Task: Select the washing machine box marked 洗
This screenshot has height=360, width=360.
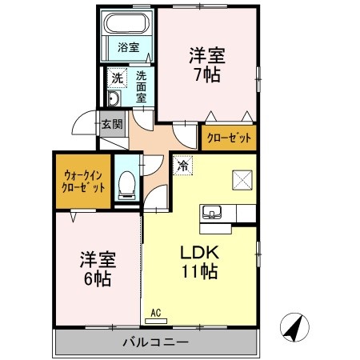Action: coord(116,78)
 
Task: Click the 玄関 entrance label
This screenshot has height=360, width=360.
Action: coord(111,124)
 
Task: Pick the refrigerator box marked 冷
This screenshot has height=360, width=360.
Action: coord(182,166)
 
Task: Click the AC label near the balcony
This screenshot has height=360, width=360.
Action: coord(157,314)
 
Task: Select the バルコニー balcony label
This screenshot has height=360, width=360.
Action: coord(155,342)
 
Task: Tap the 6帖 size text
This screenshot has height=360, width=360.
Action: coord(97,279)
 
